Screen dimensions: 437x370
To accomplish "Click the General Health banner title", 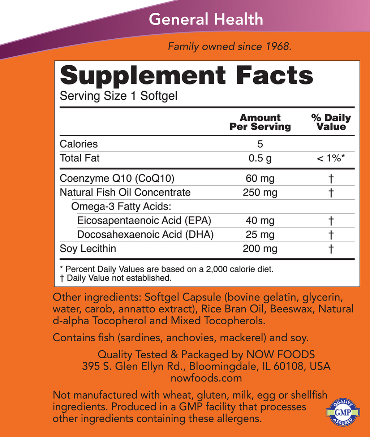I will tap(206, 19).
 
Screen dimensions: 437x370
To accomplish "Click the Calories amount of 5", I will tap(260, 144).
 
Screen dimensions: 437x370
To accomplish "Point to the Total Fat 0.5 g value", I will tap(260, 158).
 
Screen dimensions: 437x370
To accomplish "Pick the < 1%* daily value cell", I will tap(331, 158).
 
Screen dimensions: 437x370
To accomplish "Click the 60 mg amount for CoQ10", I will tap(260, 178).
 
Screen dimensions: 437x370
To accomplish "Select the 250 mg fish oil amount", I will tap(260, 192).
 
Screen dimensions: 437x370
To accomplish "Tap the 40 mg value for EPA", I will tap(260, 221).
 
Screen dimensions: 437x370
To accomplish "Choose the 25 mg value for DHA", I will tap(260, 235).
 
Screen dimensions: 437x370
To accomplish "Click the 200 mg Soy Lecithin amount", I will tap(260, 249).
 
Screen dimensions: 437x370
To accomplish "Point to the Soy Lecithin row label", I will tap(88, 249).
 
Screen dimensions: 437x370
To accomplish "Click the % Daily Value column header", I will tap(331, 122).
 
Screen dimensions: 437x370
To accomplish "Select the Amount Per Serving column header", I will tap(260, 122).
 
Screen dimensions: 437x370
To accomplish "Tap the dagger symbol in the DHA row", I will tap(331, 235).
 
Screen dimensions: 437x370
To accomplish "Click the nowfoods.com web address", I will tap(206, 378).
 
